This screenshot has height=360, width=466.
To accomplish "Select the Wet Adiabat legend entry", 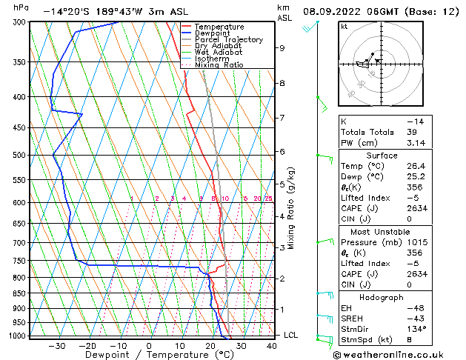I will pyautogui.click(x=219, y=52).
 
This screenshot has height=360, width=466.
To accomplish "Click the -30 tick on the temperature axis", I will pyautogui.click(x=56, y=346).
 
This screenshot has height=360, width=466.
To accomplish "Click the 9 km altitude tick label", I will pyautogui.click(x=282, y=48).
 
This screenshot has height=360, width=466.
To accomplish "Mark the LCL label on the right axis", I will pyautogui.click(x=291, y=336).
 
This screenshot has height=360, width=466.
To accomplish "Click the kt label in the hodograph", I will pyautogui.click(x=344, y=26).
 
